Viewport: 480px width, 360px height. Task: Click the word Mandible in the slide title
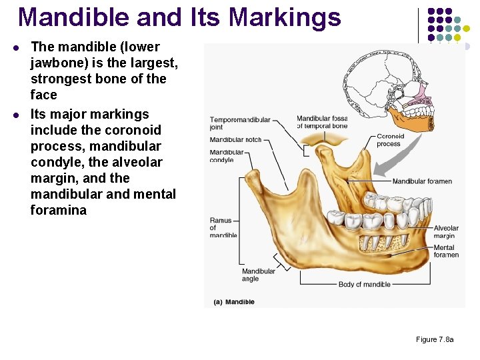point(64,17)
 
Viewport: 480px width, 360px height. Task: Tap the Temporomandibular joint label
point(240,123)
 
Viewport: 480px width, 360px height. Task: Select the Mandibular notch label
point(236,140)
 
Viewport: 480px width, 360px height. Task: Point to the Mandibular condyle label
point(227,156)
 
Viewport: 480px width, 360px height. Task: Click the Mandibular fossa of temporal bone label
point(322,122)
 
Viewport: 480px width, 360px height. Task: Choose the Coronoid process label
point(390,140)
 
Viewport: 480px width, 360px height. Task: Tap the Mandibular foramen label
point(422,181)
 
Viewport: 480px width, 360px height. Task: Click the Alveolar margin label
point(445,231)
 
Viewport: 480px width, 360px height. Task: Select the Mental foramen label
point(446,251)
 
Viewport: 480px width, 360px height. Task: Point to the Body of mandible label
point(365,285)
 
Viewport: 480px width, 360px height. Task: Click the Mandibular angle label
point(259,275)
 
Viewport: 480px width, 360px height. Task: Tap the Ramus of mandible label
point(223,227)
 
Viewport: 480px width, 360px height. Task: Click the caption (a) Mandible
point(234,302)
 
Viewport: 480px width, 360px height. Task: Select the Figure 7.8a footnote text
point(435,340)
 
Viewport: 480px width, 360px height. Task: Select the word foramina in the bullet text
point(59,210)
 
